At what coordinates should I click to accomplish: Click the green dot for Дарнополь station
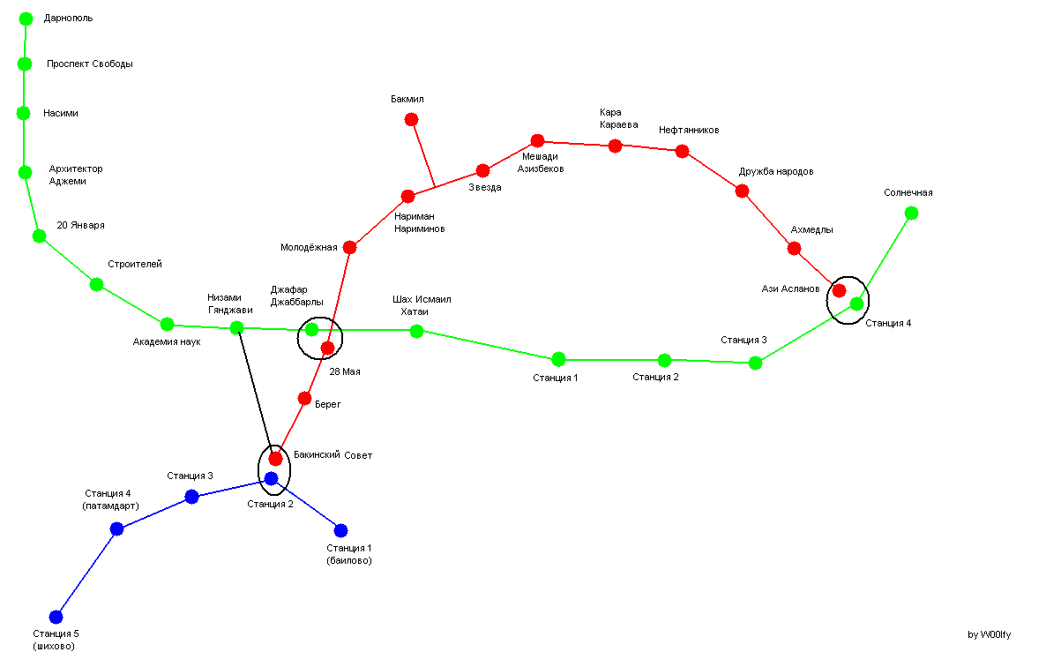(26, 19)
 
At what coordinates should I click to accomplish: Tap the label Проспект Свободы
(90, 64)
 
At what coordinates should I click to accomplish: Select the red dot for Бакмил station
(411, 119)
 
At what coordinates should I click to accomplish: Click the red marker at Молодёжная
(349, 247)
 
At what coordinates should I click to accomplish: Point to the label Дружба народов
(776, 171)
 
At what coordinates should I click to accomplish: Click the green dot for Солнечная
(911, 214)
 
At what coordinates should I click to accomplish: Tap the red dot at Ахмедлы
(795, 248)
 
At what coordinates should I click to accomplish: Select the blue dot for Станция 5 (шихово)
(56, 617)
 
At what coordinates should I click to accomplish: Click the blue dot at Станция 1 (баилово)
(340, 530)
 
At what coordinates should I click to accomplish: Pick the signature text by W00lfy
(989, 634)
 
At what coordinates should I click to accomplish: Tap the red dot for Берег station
(304, 399)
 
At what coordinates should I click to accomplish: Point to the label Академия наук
(167, 341)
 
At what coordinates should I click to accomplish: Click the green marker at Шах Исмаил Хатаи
(416, 331)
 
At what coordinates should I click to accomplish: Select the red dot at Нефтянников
(682, 152)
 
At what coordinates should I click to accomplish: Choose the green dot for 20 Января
(40, 236)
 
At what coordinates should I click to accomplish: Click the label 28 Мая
(345, 371)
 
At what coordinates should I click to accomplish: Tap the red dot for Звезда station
(482, 170)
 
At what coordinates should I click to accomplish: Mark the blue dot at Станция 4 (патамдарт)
(117, 528)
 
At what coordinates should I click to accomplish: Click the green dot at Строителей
(97, 285)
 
